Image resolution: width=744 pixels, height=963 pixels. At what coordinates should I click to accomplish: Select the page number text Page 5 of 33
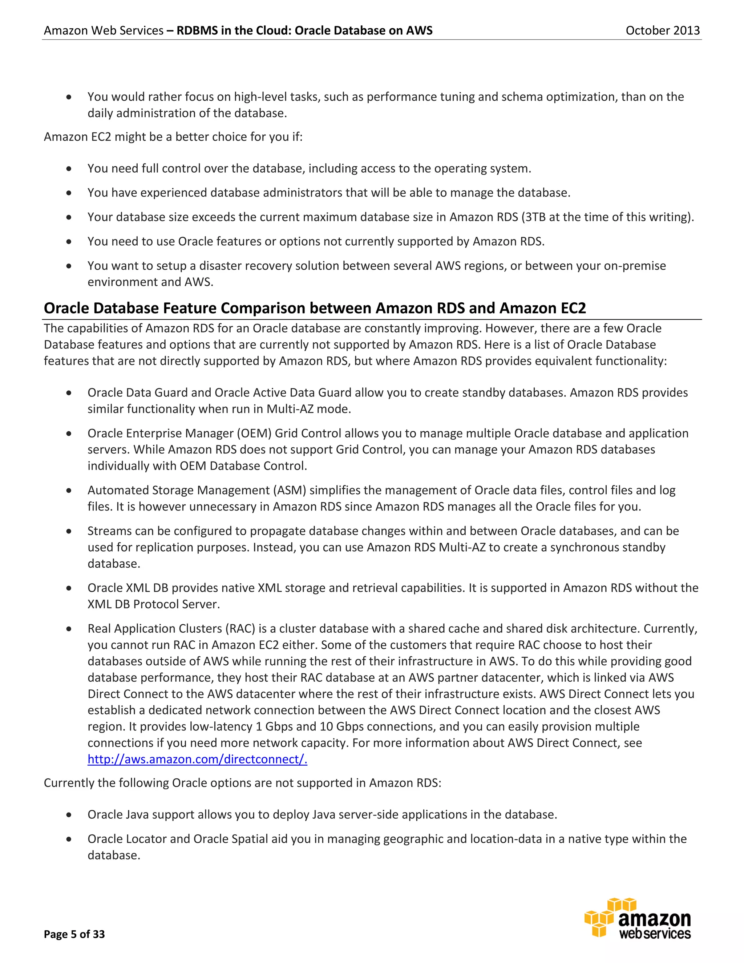tap(74, 934)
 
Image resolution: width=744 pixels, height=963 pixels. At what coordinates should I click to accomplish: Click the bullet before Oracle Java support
tap(69, 815)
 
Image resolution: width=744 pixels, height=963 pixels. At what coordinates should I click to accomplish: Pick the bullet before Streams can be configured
tap(69, 531)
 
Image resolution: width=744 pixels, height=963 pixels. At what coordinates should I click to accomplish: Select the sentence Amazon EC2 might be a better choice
tap(173, 137)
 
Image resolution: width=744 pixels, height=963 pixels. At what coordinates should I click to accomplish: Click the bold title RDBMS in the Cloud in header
tap(304, 31)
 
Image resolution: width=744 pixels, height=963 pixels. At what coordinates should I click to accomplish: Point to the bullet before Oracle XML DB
tap(69, 588)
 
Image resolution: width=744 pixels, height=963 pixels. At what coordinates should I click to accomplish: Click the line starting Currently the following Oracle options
tap(242, 783)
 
